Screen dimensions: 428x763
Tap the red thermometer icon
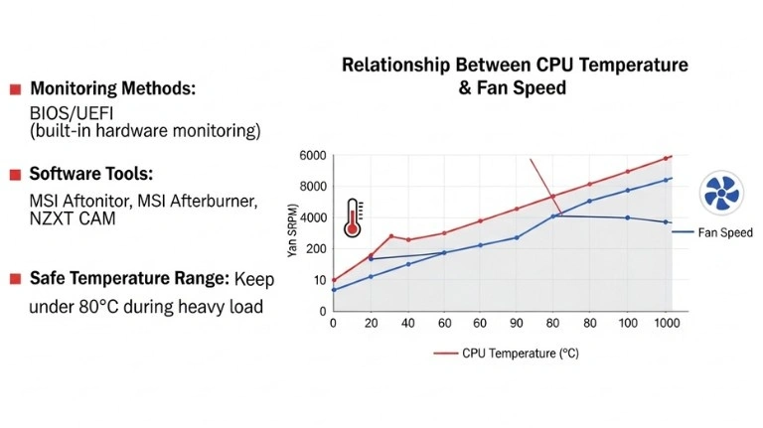[352, 216]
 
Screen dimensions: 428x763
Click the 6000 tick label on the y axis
[312, 156]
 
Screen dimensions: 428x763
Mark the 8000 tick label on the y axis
[312, 187]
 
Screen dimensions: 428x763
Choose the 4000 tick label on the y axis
[312, 217]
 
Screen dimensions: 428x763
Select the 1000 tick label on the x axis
[666, 324]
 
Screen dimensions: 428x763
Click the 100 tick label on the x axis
[628, 324]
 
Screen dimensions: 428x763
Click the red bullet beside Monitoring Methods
[15, 90]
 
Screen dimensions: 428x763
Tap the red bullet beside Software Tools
[15, 175]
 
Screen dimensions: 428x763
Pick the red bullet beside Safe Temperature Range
[15, 279]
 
